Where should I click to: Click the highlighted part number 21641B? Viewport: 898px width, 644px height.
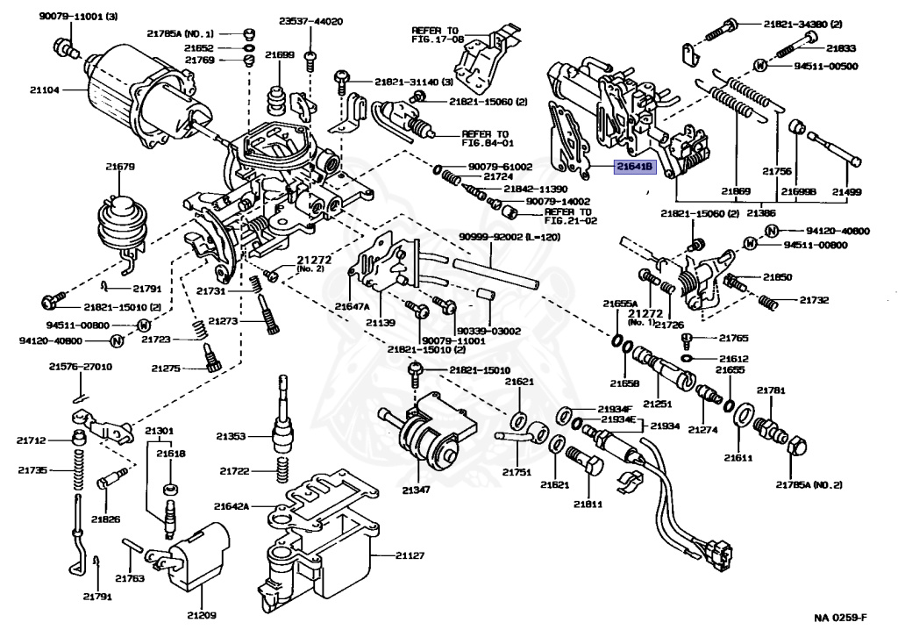point(635,167)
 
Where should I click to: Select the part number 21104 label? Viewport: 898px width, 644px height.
point(44,90)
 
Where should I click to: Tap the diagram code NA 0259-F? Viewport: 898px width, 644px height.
point(840,617)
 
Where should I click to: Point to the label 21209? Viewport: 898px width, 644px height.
point(202,615)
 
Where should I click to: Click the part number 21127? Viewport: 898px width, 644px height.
point(410,555)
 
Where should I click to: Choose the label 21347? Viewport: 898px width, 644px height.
point(416,490)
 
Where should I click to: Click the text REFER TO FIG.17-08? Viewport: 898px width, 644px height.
point(437,35)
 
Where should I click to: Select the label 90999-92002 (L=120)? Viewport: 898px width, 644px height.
point(510,237)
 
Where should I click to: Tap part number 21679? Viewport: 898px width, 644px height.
point(119,167)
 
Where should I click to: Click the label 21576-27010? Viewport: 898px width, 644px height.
point(80,367)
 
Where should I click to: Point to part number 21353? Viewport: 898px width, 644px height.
point(231,436)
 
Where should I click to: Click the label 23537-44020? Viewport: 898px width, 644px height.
point(311,22)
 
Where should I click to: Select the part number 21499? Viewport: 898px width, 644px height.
point(846,191)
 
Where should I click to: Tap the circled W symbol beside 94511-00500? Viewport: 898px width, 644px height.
point(760,65)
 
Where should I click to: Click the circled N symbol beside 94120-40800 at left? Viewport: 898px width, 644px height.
point(117,341)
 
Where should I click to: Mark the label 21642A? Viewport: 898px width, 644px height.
point(232,506)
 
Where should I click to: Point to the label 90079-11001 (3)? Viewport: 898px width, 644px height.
point(78,16)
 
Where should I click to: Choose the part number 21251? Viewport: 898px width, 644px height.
point(657,404)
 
